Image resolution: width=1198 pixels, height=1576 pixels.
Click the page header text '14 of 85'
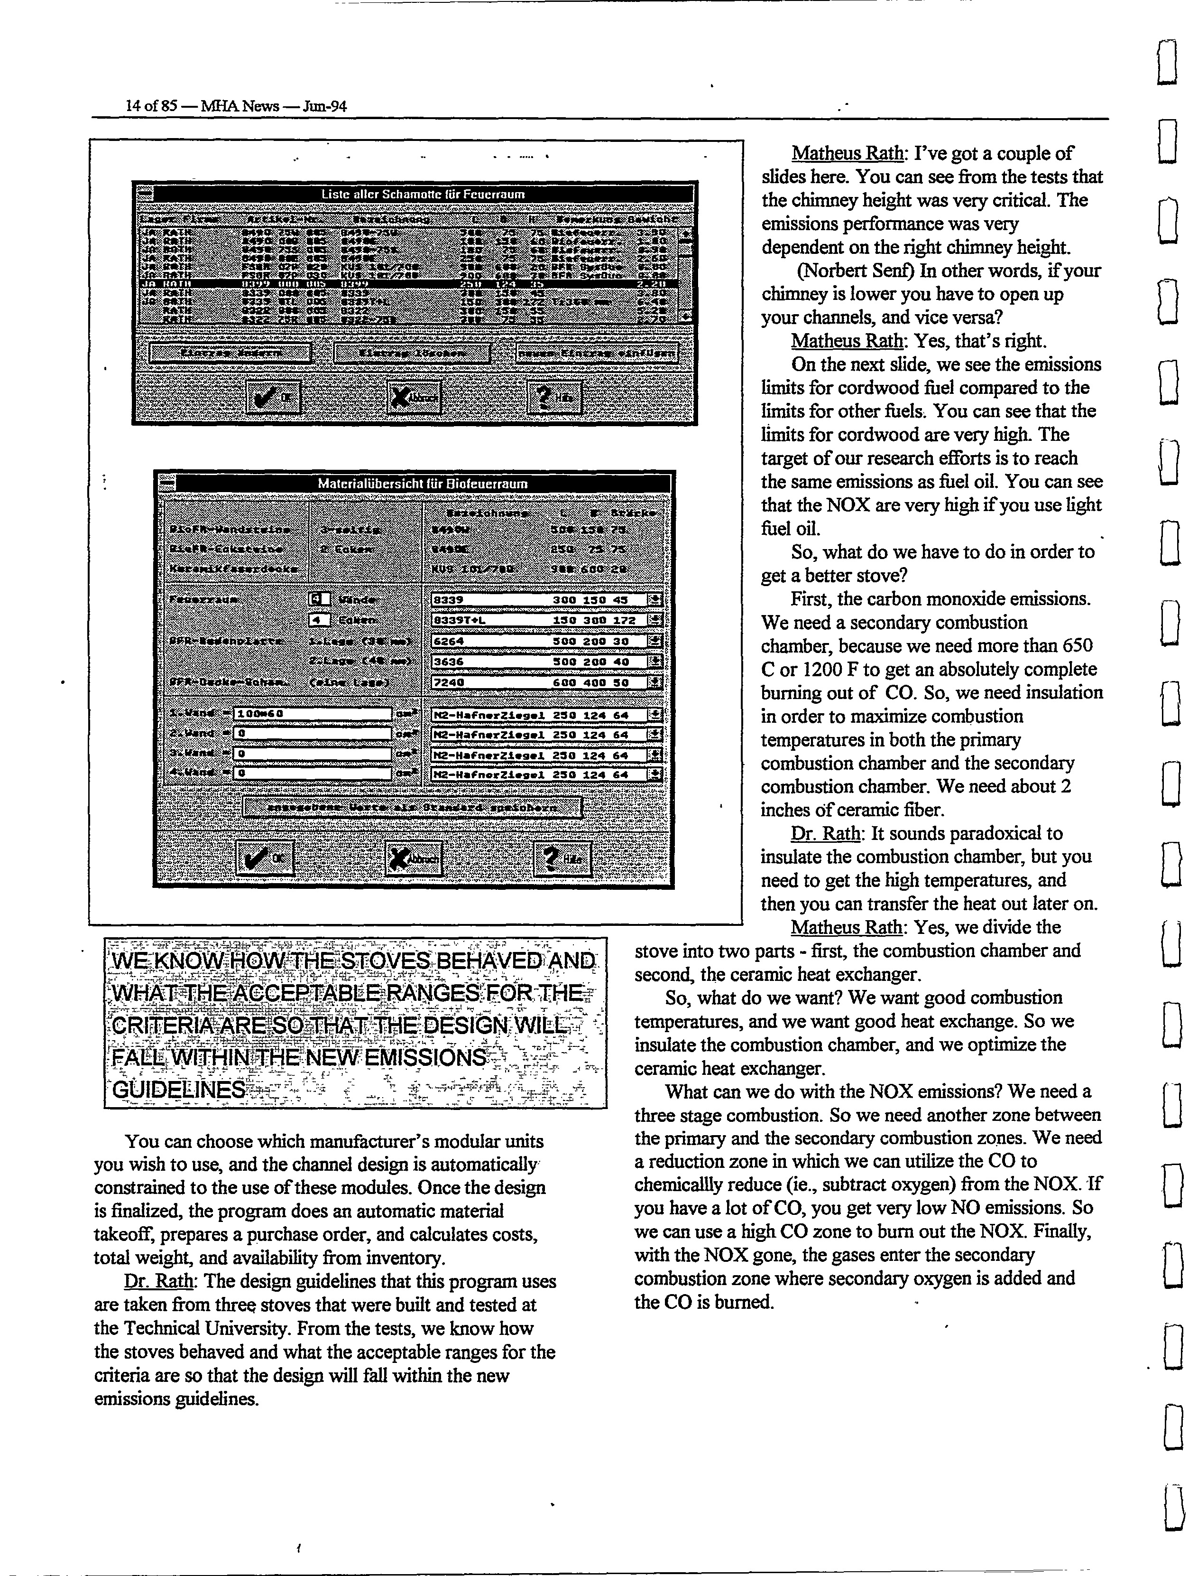point(150,106)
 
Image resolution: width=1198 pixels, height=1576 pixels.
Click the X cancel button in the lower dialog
point(413,858)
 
